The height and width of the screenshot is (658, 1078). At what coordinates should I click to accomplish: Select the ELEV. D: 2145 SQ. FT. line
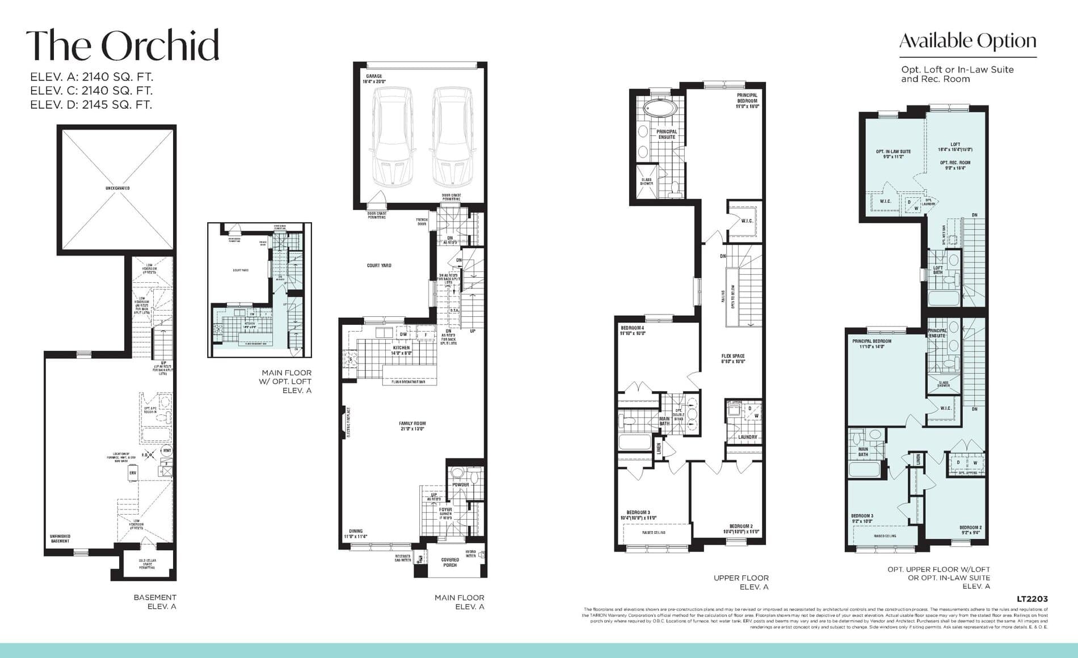(91, 104)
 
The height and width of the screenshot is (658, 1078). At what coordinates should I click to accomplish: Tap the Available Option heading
(967, 41)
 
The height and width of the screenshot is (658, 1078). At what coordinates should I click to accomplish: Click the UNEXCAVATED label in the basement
(117, 188)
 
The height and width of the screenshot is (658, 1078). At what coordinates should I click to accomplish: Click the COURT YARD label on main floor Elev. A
(378, 265)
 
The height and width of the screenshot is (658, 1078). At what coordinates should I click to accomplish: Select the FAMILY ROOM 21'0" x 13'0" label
(412, 426)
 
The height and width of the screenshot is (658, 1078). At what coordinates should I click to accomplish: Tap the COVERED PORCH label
(450, 562)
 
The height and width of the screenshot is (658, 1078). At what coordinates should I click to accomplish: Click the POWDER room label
(461, 485)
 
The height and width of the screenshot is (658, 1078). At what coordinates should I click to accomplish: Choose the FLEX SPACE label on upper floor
(733, 358)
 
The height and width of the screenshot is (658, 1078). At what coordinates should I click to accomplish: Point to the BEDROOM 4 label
(633, 330)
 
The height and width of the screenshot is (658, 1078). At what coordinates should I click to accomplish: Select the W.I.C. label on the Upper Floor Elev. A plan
(747, 220)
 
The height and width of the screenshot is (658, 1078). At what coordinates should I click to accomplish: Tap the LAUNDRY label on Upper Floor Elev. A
(747, 437)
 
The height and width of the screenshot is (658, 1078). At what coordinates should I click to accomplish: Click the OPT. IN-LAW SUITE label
(893, 154)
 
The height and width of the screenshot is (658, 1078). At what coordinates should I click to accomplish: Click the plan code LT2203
(1031, 598)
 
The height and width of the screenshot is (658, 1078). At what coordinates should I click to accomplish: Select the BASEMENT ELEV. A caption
(155, 601)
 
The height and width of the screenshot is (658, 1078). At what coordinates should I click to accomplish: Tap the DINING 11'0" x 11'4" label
(356, 533)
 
